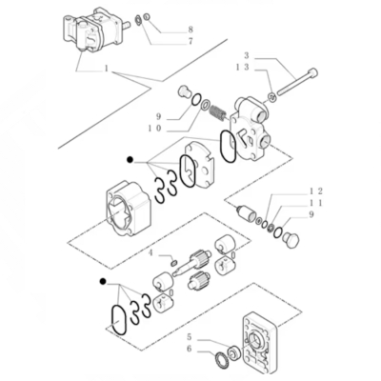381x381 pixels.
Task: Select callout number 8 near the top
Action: [x=190, y=30]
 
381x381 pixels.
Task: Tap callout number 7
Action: [x=190, y=42]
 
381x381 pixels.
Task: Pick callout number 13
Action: [x=245, y=68]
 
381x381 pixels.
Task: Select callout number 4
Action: [x=150, y=253]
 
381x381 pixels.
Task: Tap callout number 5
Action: [x=190, y=337]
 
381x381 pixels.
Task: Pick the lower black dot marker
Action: [x=101, y=282]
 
